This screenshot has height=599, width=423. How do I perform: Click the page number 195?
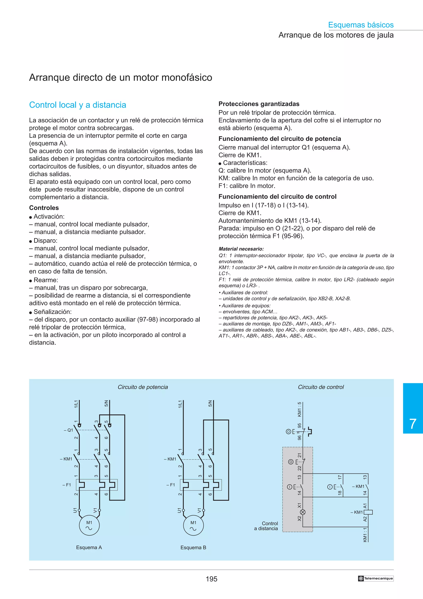pyautogui.click(x=211, y=579)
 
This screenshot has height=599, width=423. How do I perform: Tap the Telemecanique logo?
pyautogui.click(x=375, y=578)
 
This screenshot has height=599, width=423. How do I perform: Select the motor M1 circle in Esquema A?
pyautogui.click(x=89, y=525)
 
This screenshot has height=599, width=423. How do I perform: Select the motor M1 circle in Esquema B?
pyautogui.click(x=193, y=525)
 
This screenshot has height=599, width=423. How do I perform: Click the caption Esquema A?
pyautogui.click(x=89, y=548)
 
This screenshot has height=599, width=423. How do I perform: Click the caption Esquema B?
pyautogui.click(x=193, y=548)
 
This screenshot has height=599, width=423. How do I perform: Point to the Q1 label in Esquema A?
pyautogui.click(x=69, y=430)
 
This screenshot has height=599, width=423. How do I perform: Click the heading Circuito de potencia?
pyautogui.click(x=143, y=387)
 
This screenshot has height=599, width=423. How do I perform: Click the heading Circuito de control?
pyautogui.click(x=321, y=387)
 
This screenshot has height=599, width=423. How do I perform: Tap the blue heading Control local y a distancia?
pyautogui.click(x=77, y=105)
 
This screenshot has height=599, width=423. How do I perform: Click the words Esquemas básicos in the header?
pyautogui.click(x=361, y=25)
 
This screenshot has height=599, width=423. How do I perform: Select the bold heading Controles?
pyautogui.click(x=44, y=208)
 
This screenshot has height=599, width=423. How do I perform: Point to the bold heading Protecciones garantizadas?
pyautogui.click(x=259, y=104)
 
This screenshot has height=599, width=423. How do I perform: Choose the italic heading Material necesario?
pyautogui.click(x=241, y=249)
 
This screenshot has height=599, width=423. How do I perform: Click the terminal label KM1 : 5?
pyautogui.click(x=299, y=409)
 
